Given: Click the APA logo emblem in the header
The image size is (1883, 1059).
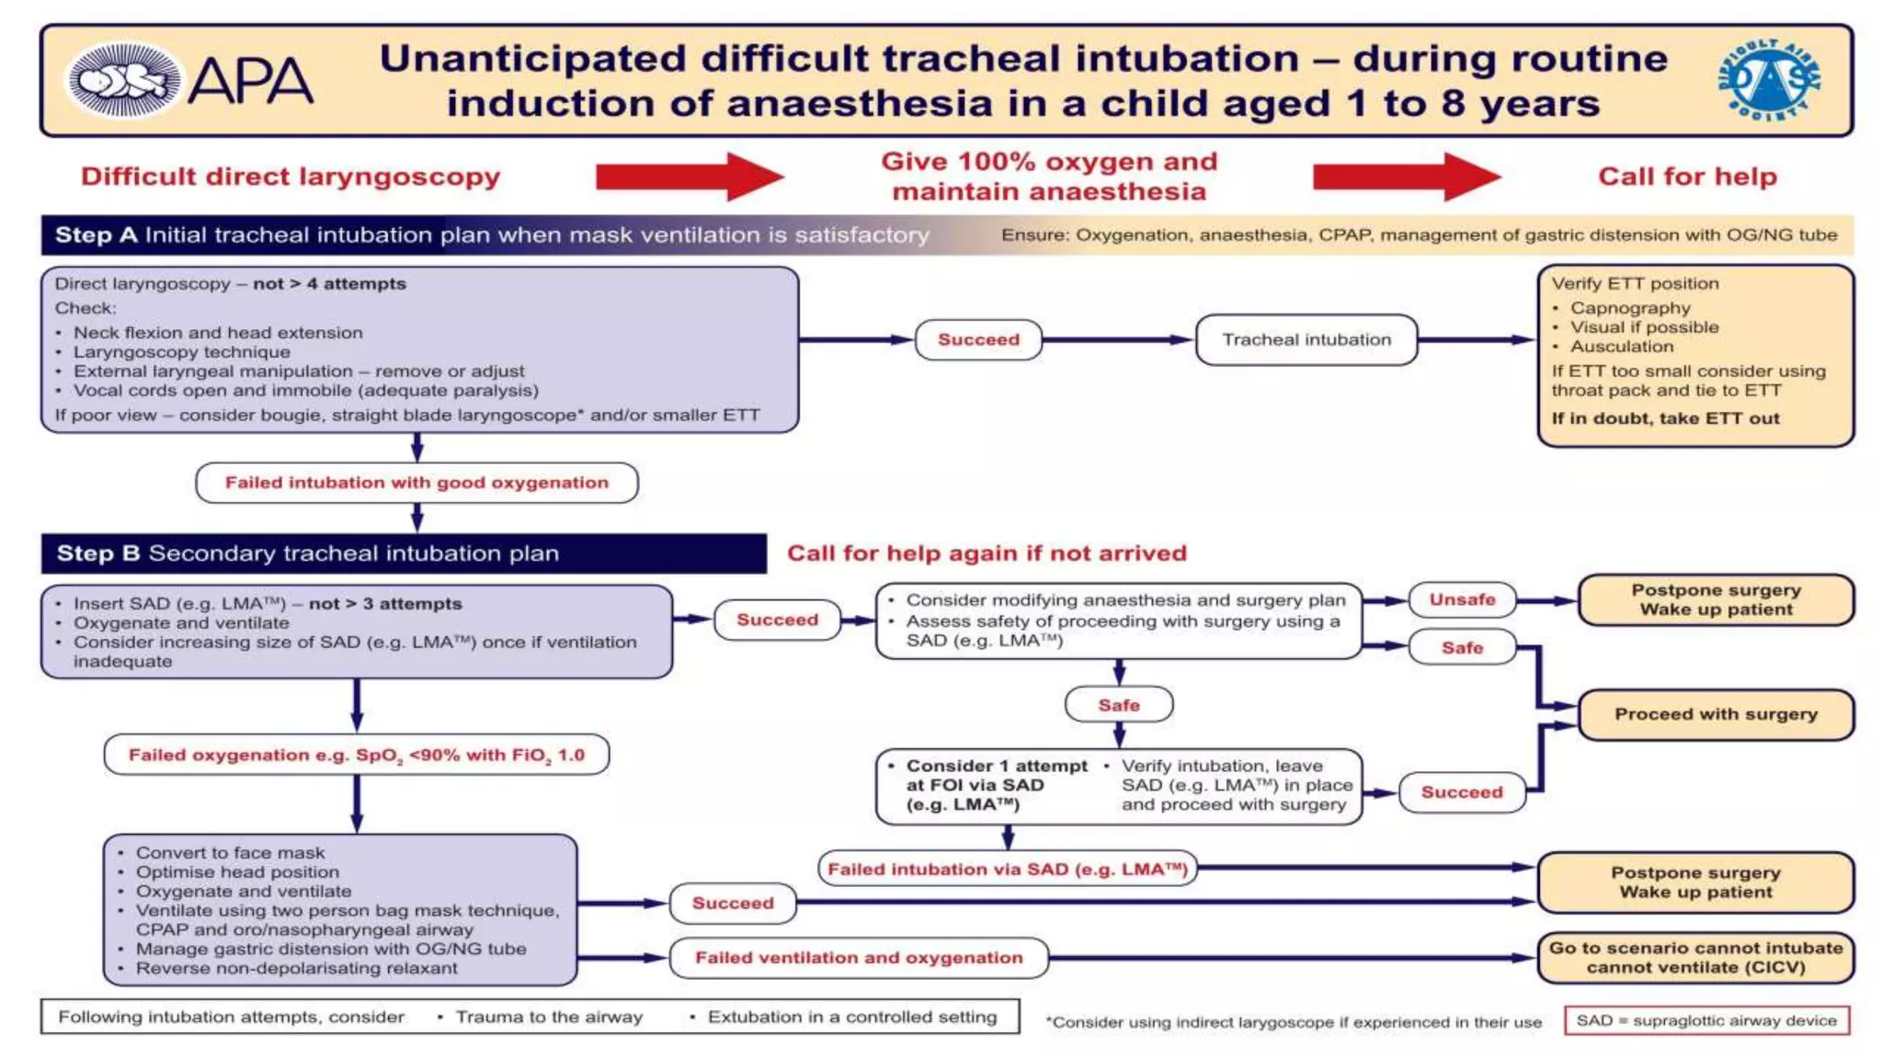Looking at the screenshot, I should pyautogui.click(x=124, y=80).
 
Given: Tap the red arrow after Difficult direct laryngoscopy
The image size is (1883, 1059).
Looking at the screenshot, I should pyautogui.click(x=690, y=176).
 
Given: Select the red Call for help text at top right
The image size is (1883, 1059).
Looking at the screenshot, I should pyautogui.click(x=1687, y=176).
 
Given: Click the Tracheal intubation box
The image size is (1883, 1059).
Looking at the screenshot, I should pyautogui.click(x=1306, y=340).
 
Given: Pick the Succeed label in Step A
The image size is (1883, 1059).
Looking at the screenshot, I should pyautogui.click(x=978, y=340).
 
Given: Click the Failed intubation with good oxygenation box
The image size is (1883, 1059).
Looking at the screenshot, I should pyautogui.click(x=417, y=483).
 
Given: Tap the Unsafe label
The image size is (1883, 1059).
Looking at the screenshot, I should pyautogui.click(x=1462, y=599).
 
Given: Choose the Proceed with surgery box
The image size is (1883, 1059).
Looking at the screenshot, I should pyautogui.click(x=1716, y=714).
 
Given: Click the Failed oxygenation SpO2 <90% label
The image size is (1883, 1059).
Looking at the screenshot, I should pyautogui.click(x=357, y=755).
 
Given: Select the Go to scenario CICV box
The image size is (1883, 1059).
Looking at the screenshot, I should pyautogui.click(x=1695, y=957).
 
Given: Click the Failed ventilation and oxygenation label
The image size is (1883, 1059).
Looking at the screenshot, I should pyautogui.click(x=859, y=958).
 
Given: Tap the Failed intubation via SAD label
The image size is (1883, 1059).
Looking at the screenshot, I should pyautogui.click(x=1008, y=869).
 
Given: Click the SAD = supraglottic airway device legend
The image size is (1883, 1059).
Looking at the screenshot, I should pyautogui.click(x=1706, y=1020).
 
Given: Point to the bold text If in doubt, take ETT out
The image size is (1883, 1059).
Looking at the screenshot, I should pyautogui.click(x=1665, y=418).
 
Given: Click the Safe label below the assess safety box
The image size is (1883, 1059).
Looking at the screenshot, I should pyautogui.click(x=1118, y=705).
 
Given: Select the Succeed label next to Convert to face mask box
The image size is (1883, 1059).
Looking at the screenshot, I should pyautogui.click(x=733, y=904).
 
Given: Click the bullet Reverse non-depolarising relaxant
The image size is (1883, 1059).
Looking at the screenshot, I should pyautogui.click(x=296, y=968).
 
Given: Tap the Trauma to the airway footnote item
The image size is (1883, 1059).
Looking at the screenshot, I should pyautogui.click(x=549, y=1017).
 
